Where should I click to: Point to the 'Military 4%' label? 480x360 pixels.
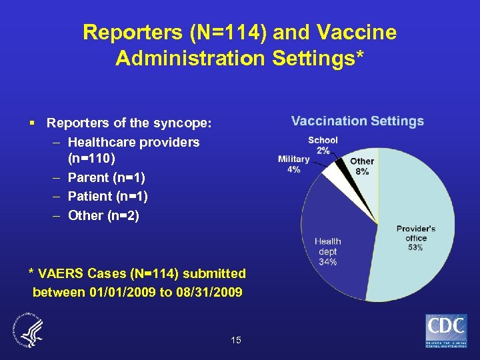pyautogui.click(x=293, y=164)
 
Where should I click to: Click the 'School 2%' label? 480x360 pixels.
pyautogui.click(x=323, y=145)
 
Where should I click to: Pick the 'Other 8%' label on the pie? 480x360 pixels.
pyautogui.click(x=362, y=166)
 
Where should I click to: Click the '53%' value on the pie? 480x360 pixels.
pyautogui.click(x=415, y=247)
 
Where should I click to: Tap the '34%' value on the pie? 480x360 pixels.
pyautogui.click(x=327, y=261)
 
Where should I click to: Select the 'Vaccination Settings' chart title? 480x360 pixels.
pyautogui.click(x=357, y=121)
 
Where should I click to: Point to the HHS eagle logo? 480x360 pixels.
pyautogui.click(x=29, y=331)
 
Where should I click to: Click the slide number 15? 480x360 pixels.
pyautogui.click(x=236, y=341)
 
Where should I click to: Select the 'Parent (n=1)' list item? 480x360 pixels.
pyautogui.click(x=107, y=178)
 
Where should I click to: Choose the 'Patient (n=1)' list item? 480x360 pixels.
pyautogui.click(x=108, y=197)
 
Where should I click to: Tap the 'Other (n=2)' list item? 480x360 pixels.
pyautogui.click(x=103, y=215)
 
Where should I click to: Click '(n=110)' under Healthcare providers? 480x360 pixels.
pyautogui.click(x=91, y=159)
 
